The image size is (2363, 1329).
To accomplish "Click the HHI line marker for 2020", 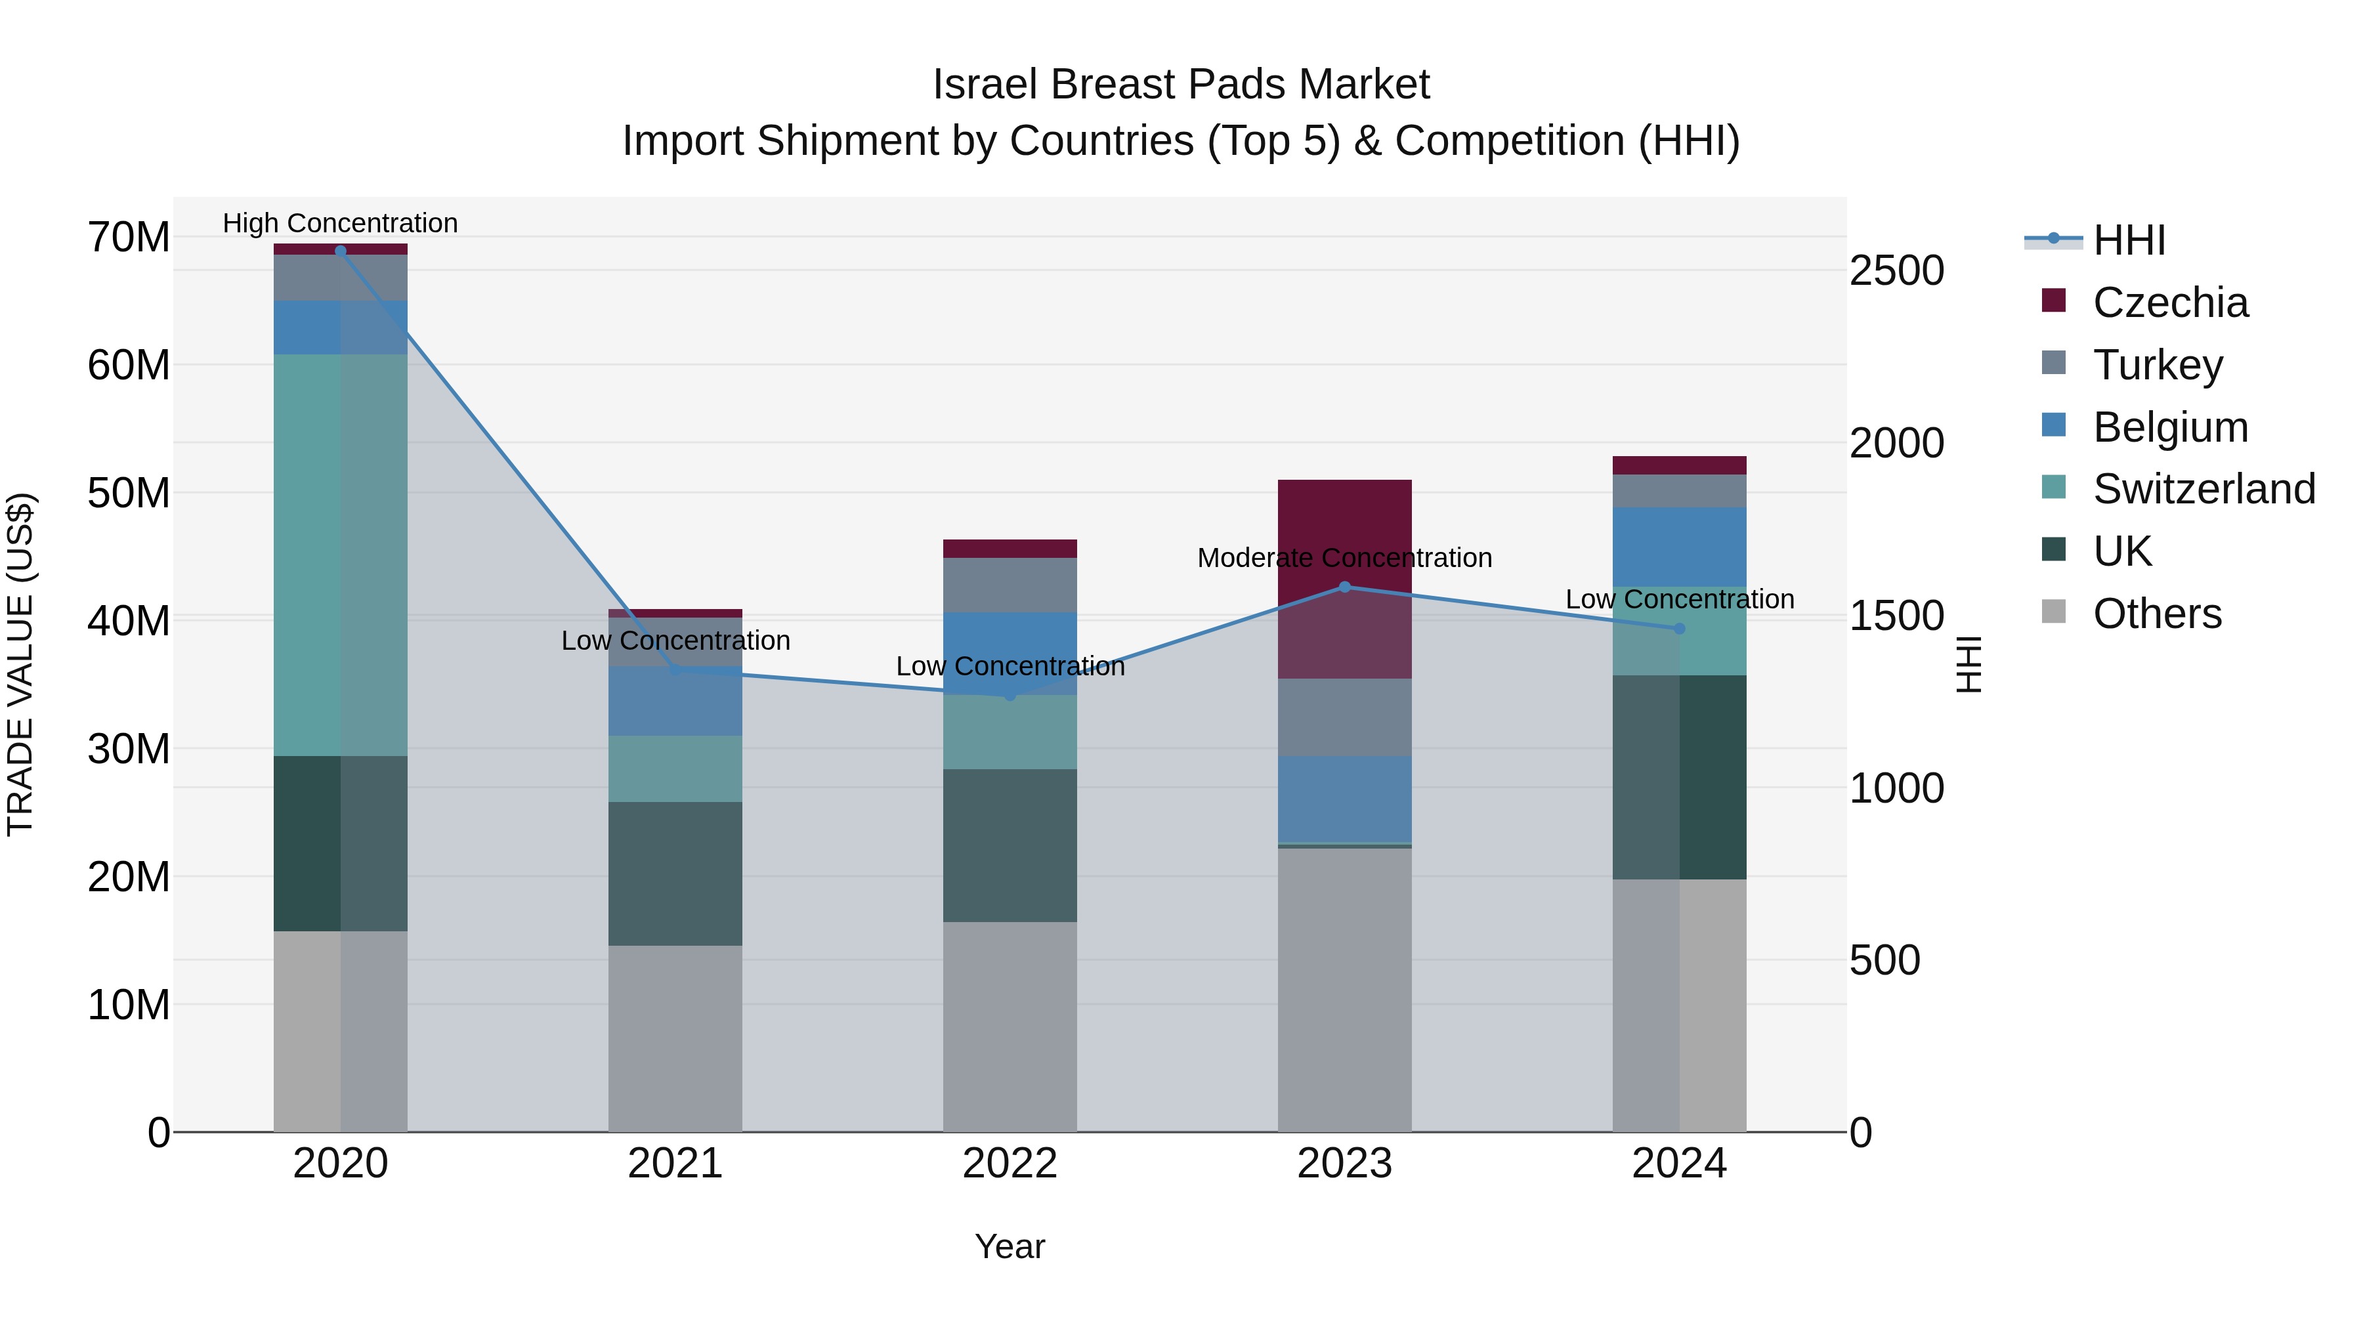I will click(x=340, y=251).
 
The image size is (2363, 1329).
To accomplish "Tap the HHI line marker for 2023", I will click(x=1345, y=587).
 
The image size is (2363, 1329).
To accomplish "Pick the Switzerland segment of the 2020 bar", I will click(x=340, y=555).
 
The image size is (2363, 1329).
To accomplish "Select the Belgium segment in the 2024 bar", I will click(x=1680, y=547).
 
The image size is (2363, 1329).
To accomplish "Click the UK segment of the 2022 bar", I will click(x=1010, y=845).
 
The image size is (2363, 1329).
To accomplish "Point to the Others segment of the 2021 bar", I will click(x=675, y=1038).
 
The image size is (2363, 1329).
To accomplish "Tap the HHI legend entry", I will click(x=2128, y=240).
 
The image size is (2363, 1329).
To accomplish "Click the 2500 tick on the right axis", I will click(x=1896, y=272).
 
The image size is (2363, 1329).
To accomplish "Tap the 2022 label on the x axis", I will click(x=1010, y=1164).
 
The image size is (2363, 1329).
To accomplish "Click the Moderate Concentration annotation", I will click(x=1345, y=558).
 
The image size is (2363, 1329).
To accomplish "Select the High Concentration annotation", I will click(x=340, y=223).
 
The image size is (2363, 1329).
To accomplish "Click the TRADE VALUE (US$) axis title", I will click(x=20, y=664).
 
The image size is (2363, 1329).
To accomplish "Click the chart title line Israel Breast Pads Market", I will click(x=1181, y=85).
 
